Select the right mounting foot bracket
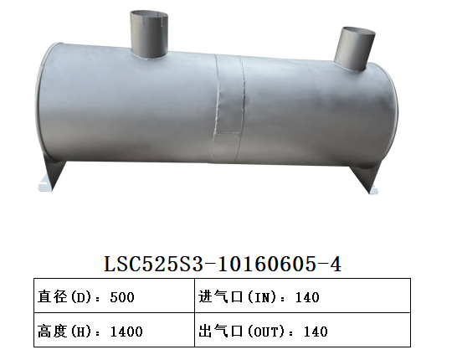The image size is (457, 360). (367, 177)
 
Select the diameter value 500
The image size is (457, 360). (121, 297)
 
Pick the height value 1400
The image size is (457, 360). (126, 331)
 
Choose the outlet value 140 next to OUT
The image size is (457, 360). (316, 331)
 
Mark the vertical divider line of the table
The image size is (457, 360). (193, 313)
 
